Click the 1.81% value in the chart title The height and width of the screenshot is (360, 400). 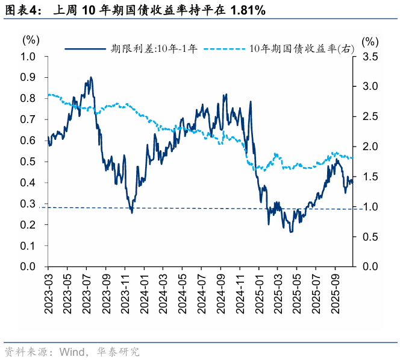[x=246, y=10]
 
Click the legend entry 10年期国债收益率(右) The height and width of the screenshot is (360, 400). [x=301, y=49]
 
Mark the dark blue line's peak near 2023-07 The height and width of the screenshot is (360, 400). [x=90, y=77]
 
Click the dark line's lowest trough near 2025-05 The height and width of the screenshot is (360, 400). [x=291, y=232]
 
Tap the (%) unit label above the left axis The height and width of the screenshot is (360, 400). [x=30, y=40]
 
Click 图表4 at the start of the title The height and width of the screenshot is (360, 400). [x=18, y=10]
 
